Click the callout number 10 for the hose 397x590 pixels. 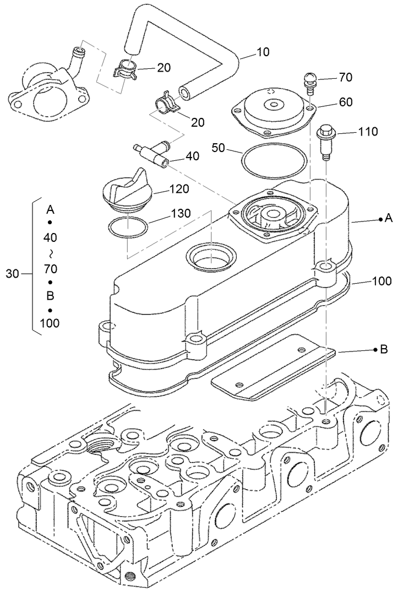[x=263, y=53]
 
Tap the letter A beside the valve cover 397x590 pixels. [x=389, y=219]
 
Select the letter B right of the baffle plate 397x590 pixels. [x=384, y=349]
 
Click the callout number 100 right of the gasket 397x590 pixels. [x=381, y=282]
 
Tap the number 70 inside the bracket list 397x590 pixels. [x=50, y=269]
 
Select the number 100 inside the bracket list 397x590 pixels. [x=50, y=323]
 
